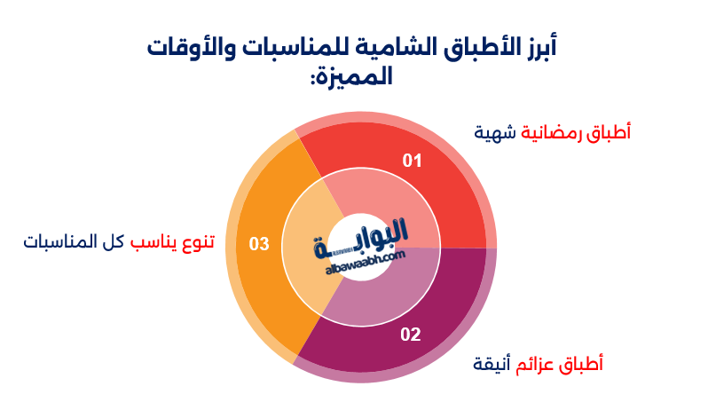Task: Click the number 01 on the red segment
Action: pyautogui.click(x=412, y=161)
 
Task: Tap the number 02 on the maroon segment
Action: pyautogui.click(x=411, y=334)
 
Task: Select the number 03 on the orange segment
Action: pyautogui.click(x=259, y=244)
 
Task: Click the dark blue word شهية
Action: pyautogui.click(x=495, y=133)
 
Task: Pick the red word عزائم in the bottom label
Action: pyautogui.click(x=535, y=365)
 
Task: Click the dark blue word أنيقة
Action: pyautogui.click(x=492, y=365)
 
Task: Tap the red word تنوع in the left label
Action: pyautogui.click(x=197, y=241)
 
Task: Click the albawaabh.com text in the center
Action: pyautogui.click(x=366, y=262)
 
